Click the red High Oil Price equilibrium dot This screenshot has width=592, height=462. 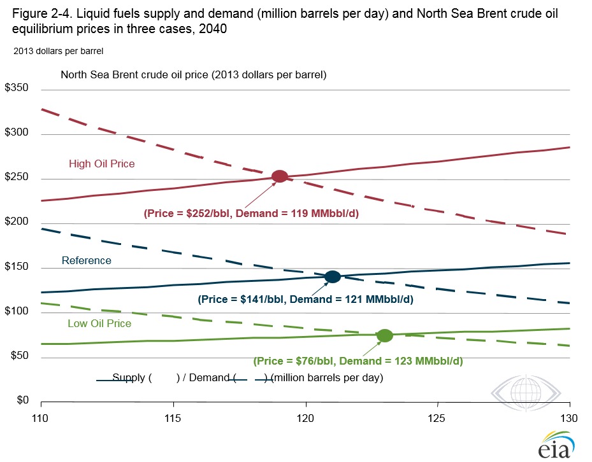pos(280,176)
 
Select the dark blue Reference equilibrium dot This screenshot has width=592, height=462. pos(333,276)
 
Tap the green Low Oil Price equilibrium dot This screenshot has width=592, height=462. pos(385,335)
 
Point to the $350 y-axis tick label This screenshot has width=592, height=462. pos(17,87)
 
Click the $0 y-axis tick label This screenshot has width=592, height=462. pos(23,400)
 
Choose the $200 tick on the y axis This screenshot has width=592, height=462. pos(17,221)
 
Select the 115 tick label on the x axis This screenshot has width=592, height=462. pos(173,418)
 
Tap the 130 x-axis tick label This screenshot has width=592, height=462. pos(569,418)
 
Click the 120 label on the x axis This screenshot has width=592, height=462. pos(305,418)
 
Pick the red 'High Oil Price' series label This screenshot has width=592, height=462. pos(101,164)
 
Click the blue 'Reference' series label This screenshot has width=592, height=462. pos(87,260)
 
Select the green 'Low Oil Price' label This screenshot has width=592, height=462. pos(99,323)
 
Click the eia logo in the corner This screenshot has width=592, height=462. pos(556,445)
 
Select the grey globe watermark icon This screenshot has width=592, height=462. pos(526,393)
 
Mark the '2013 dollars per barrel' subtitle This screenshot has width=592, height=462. pos(59,51)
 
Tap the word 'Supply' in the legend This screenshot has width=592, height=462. pos(128,377)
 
